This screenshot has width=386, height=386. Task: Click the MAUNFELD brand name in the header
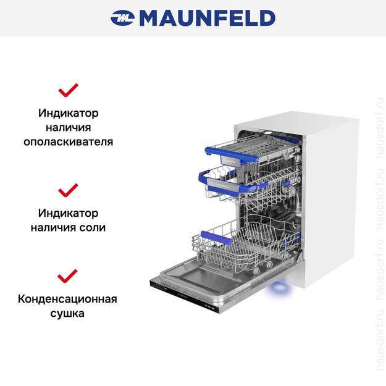click(208, 18)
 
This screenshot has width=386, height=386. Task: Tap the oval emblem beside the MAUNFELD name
click(122, 18)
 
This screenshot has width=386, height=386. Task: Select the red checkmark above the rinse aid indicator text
click(68, 90)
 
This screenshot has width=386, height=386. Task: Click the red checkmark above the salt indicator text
click(68, 190)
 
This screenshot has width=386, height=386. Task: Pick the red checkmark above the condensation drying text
click(67, 276)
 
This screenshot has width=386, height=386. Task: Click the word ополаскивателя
click(68, 142)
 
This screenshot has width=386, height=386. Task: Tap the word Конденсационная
click(67, 299)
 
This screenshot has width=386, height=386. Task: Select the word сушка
click(67, 313)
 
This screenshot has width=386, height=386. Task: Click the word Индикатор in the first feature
click(68, 113)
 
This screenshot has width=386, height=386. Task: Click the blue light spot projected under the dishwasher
click(279, 288)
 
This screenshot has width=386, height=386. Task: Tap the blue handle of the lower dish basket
click(217, 238)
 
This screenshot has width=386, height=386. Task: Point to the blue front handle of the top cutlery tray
click(232, 156)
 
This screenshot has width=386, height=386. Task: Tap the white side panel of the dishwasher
click(330, 197)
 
